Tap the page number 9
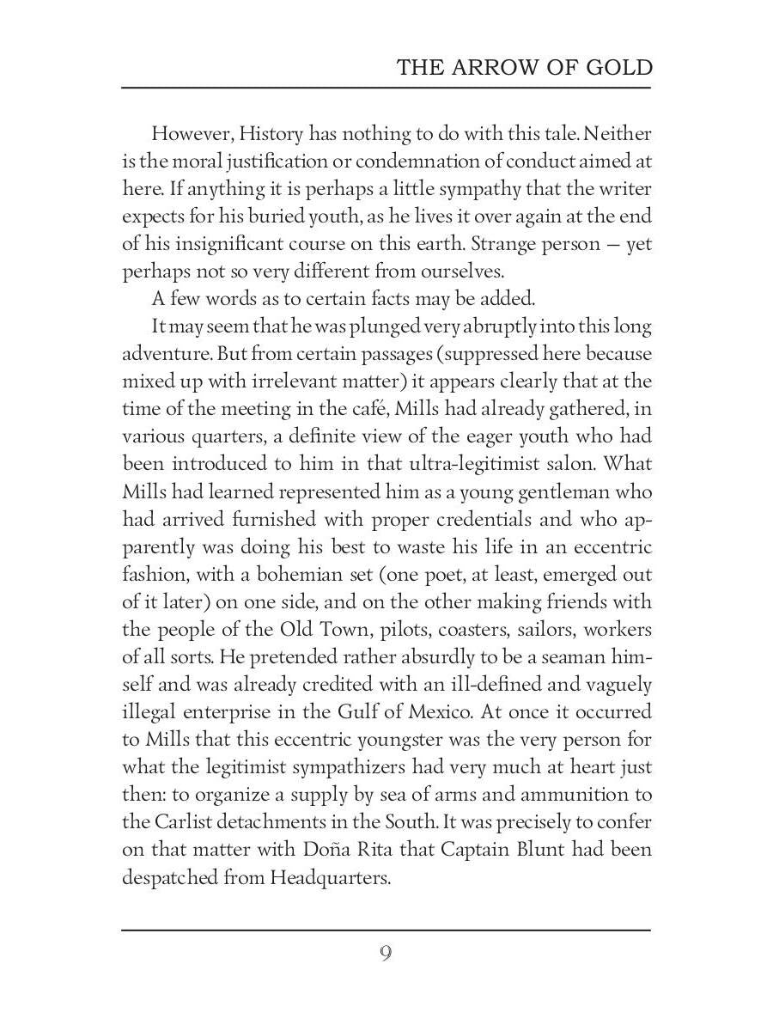tap(386, 953)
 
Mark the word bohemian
tap(277, 574)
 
